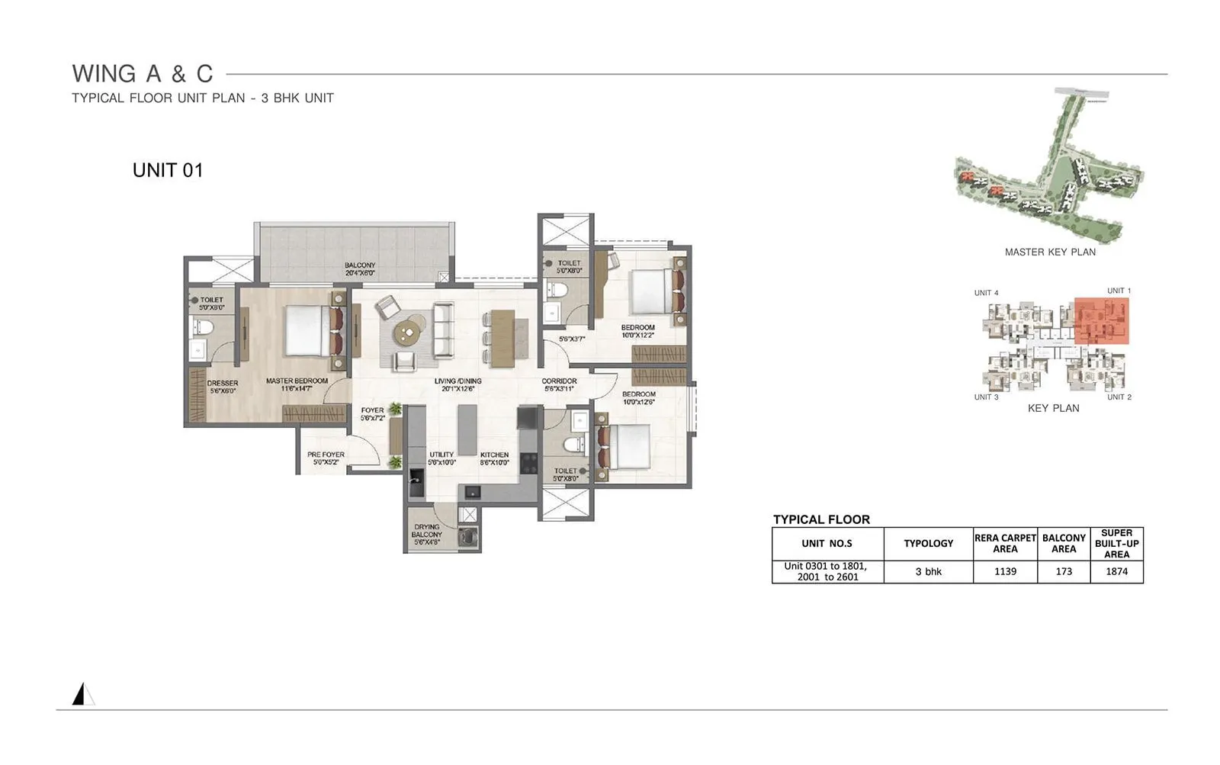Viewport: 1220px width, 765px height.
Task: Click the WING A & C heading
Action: point(143,74)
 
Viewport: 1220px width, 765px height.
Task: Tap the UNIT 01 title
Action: point(168,170)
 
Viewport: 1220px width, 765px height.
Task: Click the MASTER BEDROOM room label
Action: point(297,384)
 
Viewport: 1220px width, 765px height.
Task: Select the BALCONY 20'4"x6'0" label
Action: point(360,268)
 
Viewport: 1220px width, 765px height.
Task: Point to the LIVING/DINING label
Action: point(457,384)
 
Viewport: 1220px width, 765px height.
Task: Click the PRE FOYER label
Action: point(326,458)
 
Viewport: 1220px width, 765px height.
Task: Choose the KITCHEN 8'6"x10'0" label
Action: point(494,458)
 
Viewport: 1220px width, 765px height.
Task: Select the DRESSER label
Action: point(223,387)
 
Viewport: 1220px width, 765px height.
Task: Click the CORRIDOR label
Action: point(559,384)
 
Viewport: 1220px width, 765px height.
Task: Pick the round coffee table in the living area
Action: point(409,331)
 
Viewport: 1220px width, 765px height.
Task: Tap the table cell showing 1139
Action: point(1005,571)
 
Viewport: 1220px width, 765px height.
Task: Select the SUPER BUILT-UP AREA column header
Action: point(1116,544)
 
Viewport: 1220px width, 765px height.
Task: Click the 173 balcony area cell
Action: point(1064,571)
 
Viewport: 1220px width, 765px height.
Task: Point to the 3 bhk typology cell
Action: point(928,571)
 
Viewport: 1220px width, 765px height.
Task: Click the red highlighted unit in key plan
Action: point(1101,321)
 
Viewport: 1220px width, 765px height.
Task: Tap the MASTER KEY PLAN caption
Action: point(1050,252)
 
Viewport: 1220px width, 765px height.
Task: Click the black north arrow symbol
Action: point(79,694)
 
